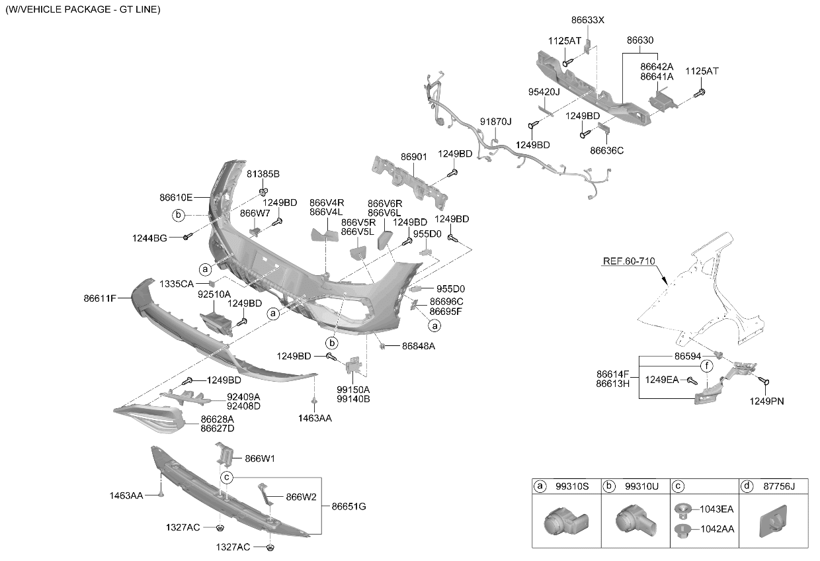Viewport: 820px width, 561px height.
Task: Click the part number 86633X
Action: pos(587,20)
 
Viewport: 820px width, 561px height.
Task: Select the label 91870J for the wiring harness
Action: pos(496,122)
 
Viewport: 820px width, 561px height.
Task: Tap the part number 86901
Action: pos(414,157)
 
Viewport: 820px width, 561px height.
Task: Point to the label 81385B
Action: pos(263,174)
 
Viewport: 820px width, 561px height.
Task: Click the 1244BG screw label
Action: pos(149,238)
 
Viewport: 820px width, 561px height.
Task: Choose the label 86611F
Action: pos(100,298)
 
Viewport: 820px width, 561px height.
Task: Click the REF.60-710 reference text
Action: pos(629,261)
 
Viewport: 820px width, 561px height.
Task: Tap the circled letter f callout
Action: pos(707,366)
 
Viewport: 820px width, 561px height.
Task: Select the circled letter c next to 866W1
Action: pos(227,478)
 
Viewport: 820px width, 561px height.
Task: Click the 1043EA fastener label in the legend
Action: pos(716,509)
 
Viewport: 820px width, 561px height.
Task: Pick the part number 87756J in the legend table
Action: pos(779,486)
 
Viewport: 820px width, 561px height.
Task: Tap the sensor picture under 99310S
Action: pos(566,521)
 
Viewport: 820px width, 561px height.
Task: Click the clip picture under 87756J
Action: pos(774,521)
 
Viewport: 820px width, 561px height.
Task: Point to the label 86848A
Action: pos(419,346)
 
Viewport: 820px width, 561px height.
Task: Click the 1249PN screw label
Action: pos(766,402)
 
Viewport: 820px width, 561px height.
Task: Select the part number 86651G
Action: pos(348,507)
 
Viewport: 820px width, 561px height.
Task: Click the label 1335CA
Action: pos(177,284)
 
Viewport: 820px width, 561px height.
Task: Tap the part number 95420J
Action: pos(544,92)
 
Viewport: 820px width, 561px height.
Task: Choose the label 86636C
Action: pos(606,150)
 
